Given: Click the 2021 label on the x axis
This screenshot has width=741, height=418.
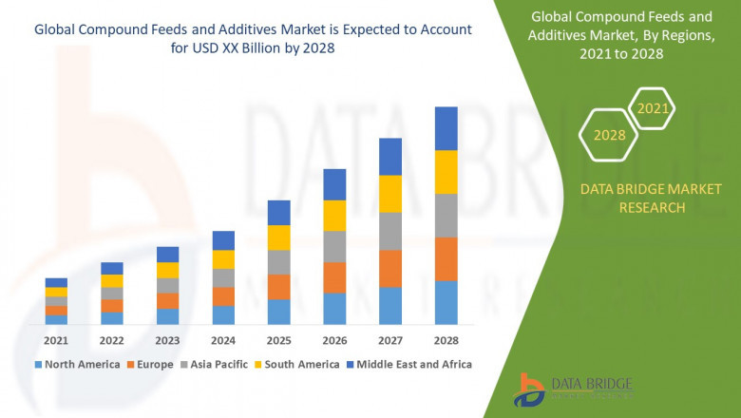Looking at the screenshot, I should pyautogui.click(x=56, y=340).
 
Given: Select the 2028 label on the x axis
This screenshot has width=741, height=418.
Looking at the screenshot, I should pyautogui.click(x=446, y=340).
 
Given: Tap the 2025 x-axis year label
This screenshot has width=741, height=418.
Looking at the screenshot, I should pyautogui.click(x=278, y=340).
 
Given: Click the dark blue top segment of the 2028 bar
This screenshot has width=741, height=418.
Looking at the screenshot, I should pyautogui.click(x=446, y=128).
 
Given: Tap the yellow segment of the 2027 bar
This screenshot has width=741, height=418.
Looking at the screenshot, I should pyautogui.click(x=390, y=194).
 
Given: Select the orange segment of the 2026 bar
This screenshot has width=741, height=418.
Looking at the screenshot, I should pyautogui.click(x=334, y=277).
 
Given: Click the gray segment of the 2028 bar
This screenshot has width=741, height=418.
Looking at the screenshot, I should pyautogui.click(x=446, y=216).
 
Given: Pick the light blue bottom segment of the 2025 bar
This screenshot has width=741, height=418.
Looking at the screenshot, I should pyautogui.click(x=278, y=313).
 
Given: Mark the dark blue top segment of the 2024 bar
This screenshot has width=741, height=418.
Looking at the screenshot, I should pyautogui.click(x=223, y=240).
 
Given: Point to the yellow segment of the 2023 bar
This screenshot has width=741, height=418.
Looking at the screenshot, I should pyautogui.click(x=167, y=270).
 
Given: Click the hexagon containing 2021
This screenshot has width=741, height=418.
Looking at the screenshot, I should pyautogui.click(x=653, y=108).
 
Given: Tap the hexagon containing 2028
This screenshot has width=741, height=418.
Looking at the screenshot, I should pyautogui.click(x=610, y=135).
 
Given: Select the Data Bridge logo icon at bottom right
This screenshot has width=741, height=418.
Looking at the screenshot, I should pyautogui.click(x=528, y=389).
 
